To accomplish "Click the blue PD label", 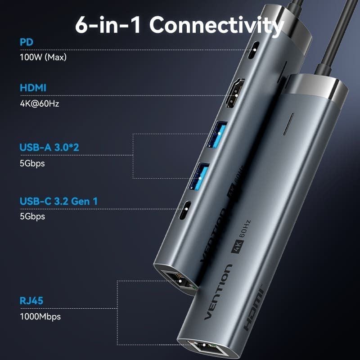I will coord(27,42).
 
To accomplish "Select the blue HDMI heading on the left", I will coord(33,88).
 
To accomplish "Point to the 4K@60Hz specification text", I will coord(40,103).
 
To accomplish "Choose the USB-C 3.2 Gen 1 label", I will coord(58,201).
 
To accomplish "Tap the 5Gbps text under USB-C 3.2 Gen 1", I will coord(32,216).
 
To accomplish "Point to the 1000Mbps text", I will coord(40,316).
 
